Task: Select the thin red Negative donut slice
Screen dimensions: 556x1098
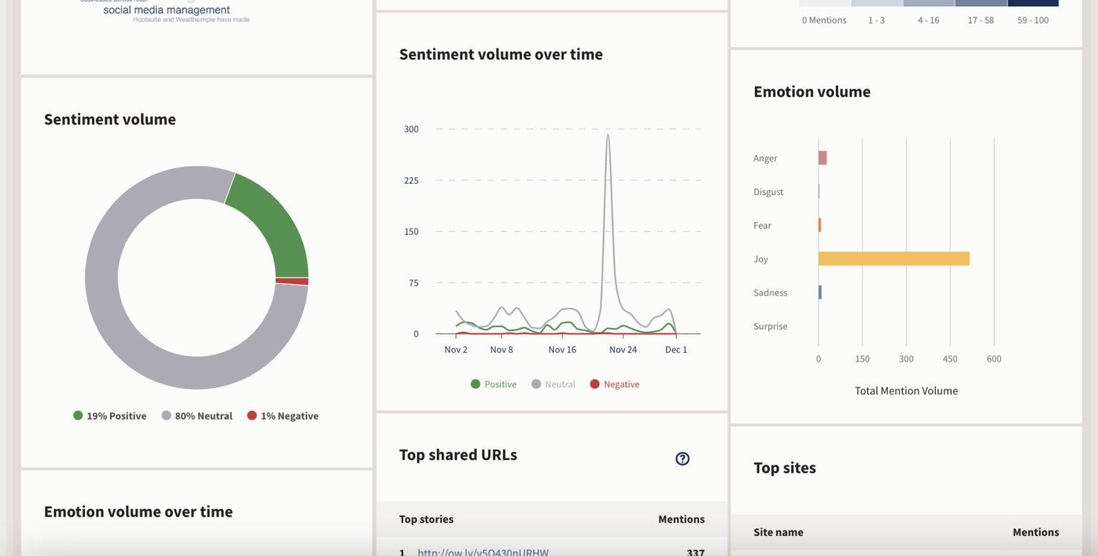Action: tap(292, 282)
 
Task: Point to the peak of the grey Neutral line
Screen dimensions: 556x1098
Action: tap(608, 135)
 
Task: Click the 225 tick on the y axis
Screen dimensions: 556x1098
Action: tap(411, 180)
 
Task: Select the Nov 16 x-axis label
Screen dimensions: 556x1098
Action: tap(562, 349)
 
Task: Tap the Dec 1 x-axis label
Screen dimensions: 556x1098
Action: tap(676, 349)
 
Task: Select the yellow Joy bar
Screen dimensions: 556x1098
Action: tap(894, 259)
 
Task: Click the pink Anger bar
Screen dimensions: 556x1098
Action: tap(823, 158)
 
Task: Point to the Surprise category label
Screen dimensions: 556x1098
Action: tap(770, 327)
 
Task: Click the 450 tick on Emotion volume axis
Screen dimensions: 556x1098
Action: tap(950, 359)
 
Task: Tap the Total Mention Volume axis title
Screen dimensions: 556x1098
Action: tap(906, 391)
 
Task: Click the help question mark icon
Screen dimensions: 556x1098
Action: tap(683, 459)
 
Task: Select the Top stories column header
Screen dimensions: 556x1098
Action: tap(426, 520)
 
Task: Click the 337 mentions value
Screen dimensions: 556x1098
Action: tap(694, 552)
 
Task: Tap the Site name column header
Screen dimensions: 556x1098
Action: tap(778, 532)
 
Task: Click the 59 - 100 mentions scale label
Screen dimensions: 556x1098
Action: tap(1033, 20)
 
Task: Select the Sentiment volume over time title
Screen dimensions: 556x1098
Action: tap(500, 54)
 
